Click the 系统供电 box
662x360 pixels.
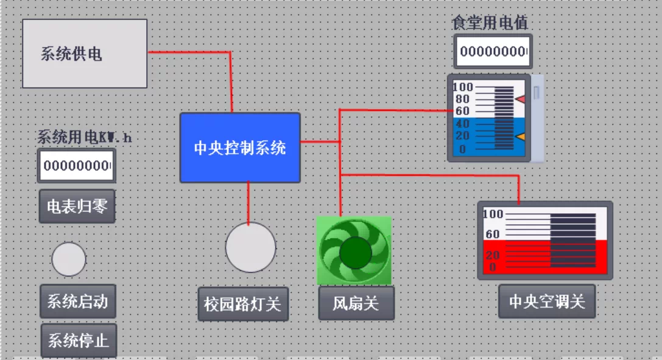[x=85, y=54]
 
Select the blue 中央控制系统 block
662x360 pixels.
[x=240, y=147]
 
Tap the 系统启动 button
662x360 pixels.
[x=77, y=301]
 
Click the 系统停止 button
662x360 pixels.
[x=79, y=340]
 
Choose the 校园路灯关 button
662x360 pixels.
[x=242, y=303]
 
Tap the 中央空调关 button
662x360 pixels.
[x=546, y=301]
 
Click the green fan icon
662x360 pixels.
[x=354, y=251]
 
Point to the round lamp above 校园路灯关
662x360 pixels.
[x=250, y=247]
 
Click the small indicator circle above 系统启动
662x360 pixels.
[x=69, y=259]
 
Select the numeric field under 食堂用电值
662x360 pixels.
[x=493, y=51]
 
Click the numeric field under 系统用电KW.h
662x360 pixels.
[x=76, y=166]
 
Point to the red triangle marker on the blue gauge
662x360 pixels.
[x=520, y=99]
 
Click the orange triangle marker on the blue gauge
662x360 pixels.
[x=520, y=137]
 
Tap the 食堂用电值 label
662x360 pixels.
[x=489, y=23]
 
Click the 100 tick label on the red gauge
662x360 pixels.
[x=493, y=214]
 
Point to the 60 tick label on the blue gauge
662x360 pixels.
[x=462, y=111]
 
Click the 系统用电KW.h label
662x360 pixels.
[x=84, y=137]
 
